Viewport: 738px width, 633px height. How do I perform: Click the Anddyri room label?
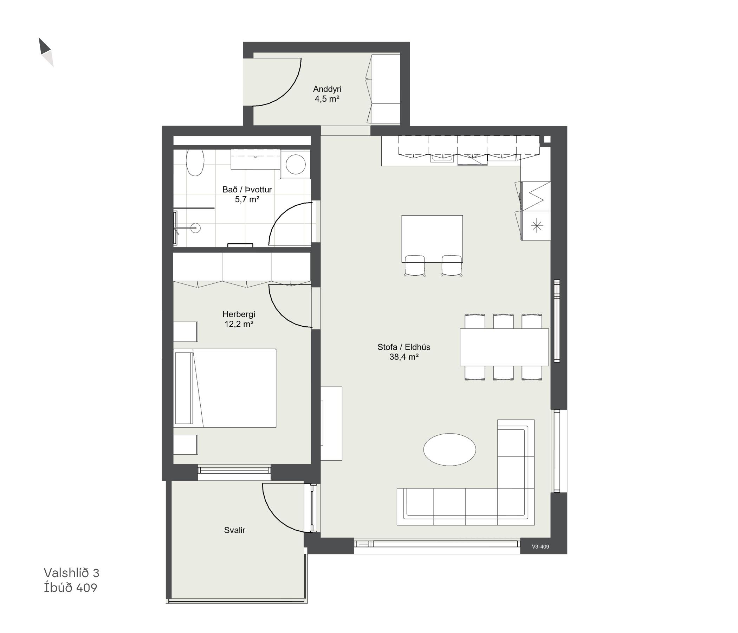[x=327, y=89]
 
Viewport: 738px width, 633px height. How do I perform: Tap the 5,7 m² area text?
[x=247, y=199]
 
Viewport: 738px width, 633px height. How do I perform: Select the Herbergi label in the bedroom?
[x=239, y=314]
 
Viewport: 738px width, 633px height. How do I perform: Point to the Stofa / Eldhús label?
[x=404, y=347]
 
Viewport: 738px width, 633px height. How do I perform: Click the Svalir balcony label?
[x=234, y=530]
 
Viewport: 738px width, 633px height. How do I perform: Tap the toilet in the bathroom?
[x=195, y=162]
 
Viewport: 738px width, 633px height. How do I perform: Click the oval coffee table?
[x=449, y=449]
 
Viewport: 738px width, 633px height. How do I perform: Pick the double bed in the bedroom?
[x=225, y=388]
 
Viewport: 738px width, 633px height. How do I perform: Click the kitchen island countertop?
[x=432, y=238]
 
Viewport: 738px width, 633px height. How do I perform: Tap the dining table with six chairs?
[x=504, y=347]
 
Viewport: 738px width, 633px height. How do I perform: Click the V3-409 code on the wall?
[x=540, y=546]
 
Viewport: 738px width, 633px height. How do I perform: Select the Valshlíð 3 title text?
[x=71, y=573]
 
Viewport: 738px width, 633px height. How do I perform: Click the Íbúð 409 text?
[x=71, y=588]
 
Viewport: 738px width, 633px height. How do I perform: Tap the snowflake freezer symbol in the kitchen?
[x=537, y=226]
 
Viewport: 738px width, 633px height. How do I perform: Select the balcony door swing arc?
[x=276, y=517]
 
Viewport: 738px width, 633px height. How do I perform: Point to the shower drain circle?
[x=195, y=228]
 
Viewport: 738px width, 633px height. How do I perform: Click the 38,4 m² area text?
[x=403, y=357]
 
